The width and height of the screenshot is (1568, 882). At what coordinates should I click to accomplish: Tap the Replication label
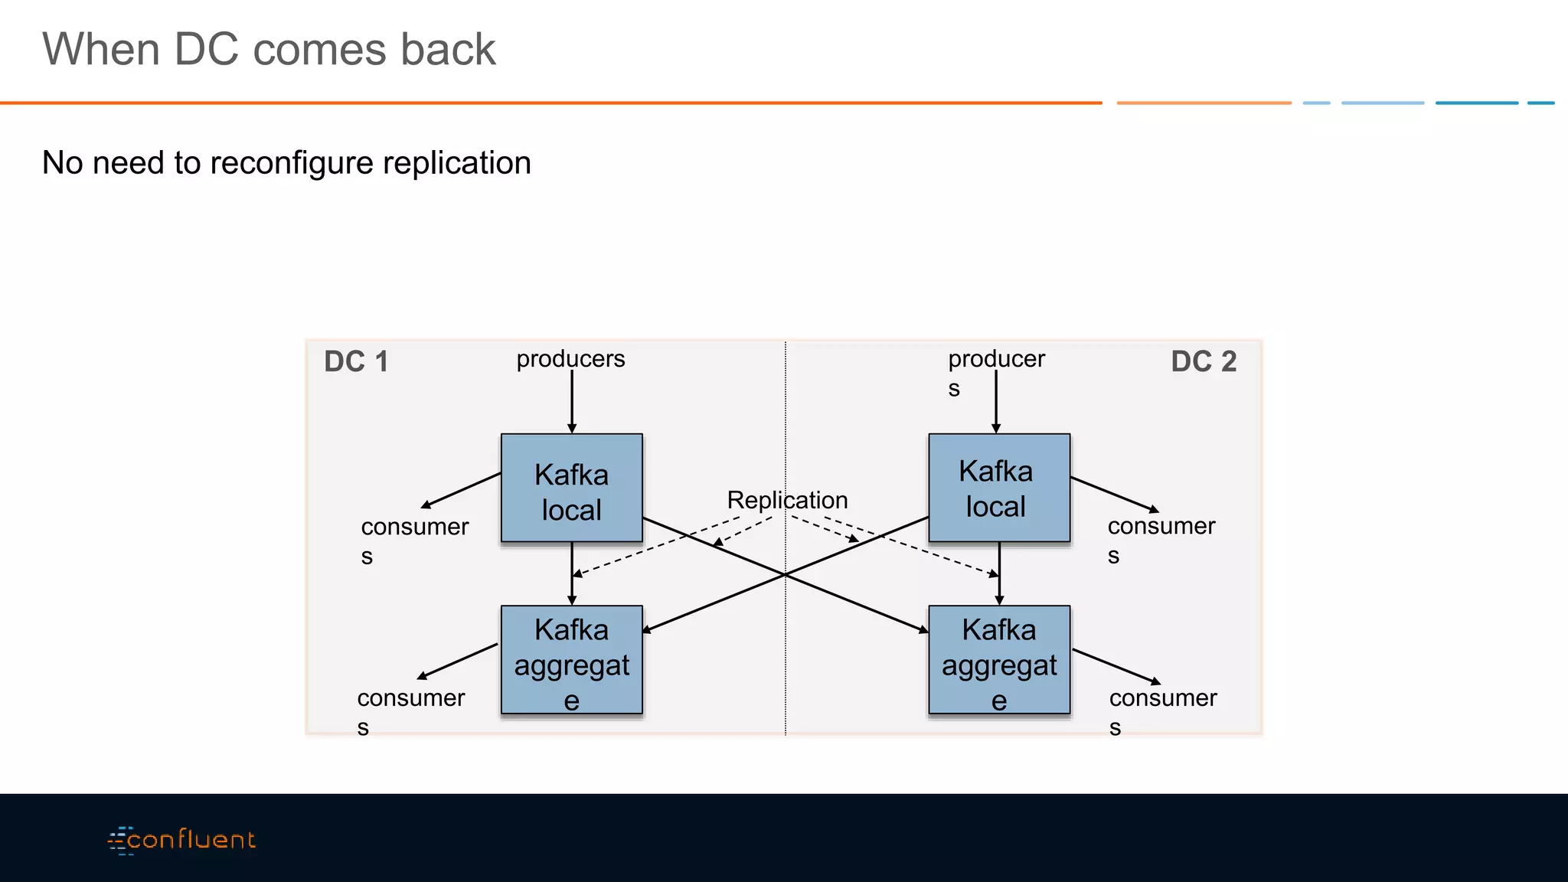click(787, 500)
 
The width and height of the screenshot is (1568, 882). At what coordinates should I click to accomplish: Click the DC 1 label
click(356, 361)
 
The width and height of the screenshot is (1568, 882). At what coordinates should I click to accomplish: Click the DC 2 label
click(1203, 361)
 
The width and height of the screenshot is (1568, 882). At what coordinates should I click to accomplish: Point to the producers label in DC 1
click(570, 358)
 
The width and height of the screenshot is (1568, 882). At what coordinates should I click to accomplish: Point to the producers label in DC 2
click(995, 360)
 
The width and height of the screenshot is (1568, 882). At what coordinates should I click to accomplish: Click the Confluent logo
click(181, 840)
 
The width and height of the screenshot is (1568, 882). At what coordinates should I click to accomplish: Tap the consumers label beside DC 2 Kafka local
click(1161, 528)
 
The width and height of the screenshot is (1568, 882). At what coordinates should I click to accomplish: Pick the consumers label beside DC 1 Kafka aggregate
click(410, 699)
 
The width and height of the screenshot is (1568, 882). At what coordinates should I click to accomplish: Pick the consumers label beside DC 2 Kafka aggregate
click(1162, 699)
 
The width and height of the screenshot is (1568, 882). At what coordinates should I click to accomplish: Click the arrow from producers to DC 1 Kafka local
click(571, 402)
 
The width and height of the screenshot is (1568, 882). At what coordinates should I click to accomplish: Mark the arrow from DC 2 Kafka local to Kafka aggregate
click(998, 574)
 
